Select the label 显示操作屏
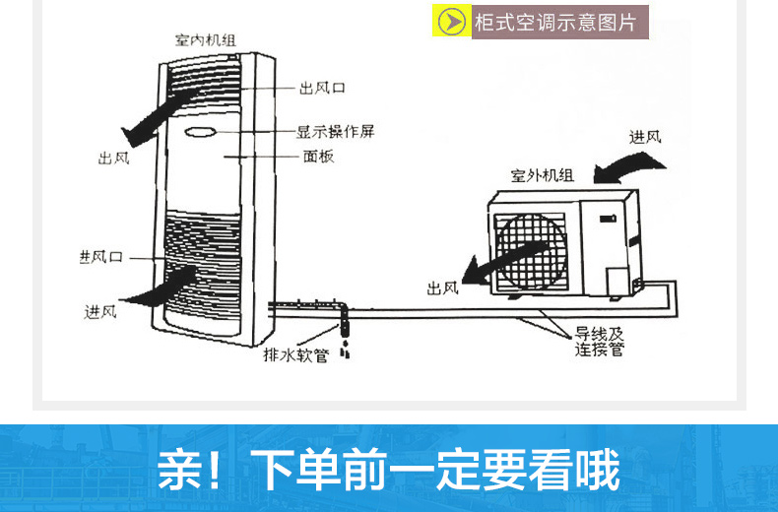pos(335,131)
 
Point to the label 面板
pos(318,157)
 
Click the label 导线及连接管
pos(600,341)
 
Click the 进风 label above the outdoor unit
pos(645,136)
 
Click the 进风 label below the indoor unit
pos(100,312)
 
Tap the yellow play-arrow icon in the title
pos(452,22)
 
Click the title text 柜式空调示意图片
pos(555,22)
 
